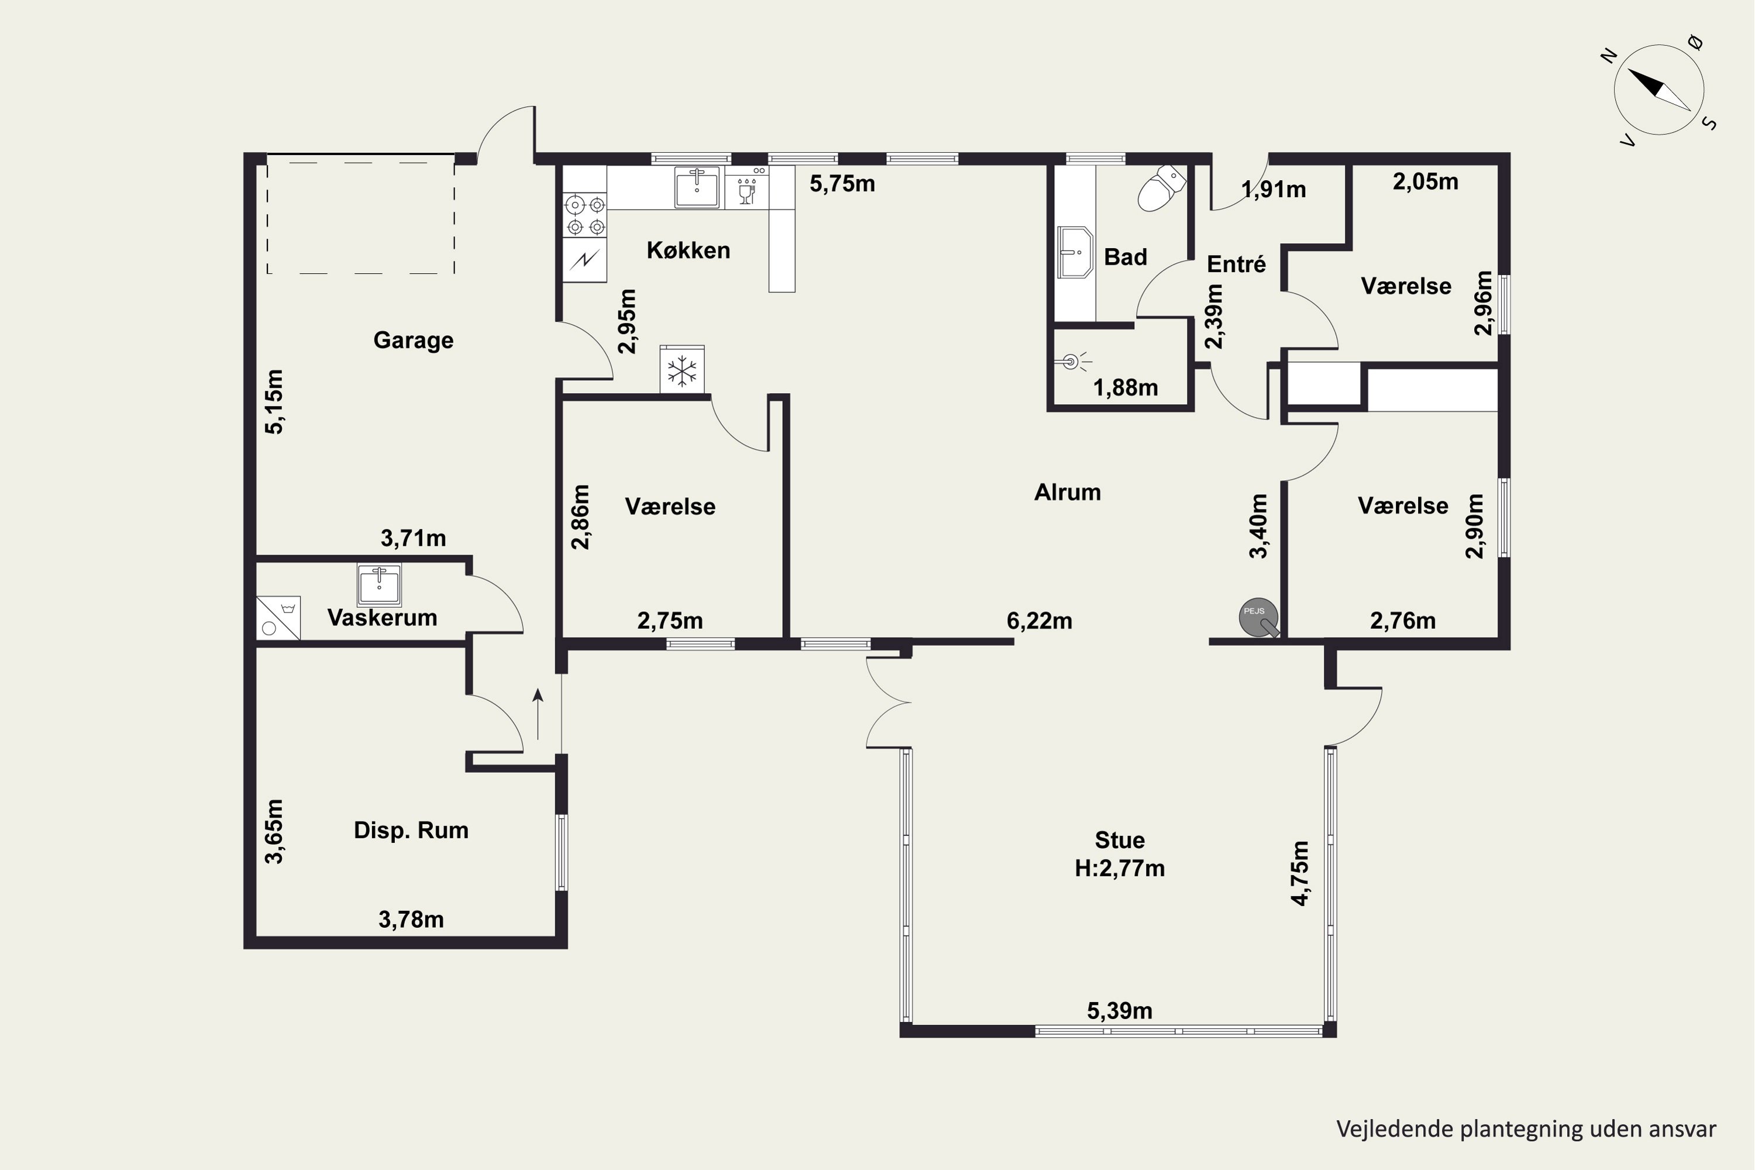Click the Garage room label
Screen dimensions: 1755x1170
pos(414,340)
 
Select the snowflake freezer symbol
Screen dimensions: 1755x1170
pos(682,370)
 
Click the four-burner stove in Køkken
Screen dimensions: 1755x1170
pos(585,215)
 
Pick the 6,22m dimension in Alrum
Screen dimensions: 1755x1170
pos(1040,621)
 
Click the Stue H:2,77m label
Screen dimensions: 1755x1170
pos(1119,854)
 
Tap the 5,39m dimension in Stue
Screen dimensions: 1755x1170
pos(1119,1011)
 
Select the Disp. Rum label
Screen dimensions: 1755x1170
pos(411,831)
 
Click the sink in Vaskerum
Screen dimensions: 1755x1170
pos(379,584)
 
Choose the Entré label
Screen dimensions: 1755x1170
pos(1237,264)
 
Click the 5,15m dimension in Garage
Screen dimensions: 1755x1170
pos(274,401)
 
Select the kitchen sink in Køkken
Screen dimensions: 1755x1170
pos(697,187)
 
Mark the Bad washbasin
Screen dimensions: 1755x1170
pos(1075,252)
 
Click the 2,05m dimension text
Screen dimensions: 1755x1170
pos(1425,181)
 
